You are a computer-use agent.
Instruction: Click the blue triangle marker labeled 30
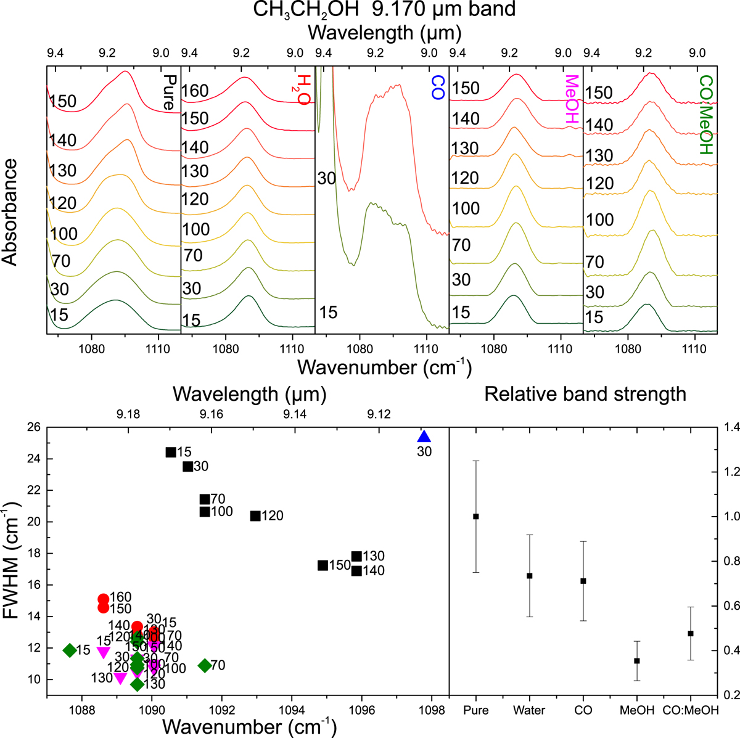click(x=424, y=437)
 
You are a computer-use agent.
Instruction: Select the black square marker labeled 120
click(x=255, y=515)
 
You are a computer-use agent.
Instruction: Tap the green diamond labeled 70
click(x=204, y=665)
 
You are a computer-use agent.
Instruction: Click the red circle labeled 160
click(x=104, y=599)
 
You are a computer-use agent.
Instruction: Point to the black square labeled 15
click(x=171, y=452)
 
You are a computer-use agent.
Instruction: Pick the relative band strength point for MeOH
click(x=637, y=661)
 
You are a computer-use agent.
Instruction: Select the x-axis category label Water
click(x=529, y=710)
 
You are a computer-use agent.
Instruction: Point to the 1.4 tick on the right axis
click(x=731, y=427)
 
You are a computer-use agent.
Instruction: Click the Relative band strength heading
click(x=585, y=393)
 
